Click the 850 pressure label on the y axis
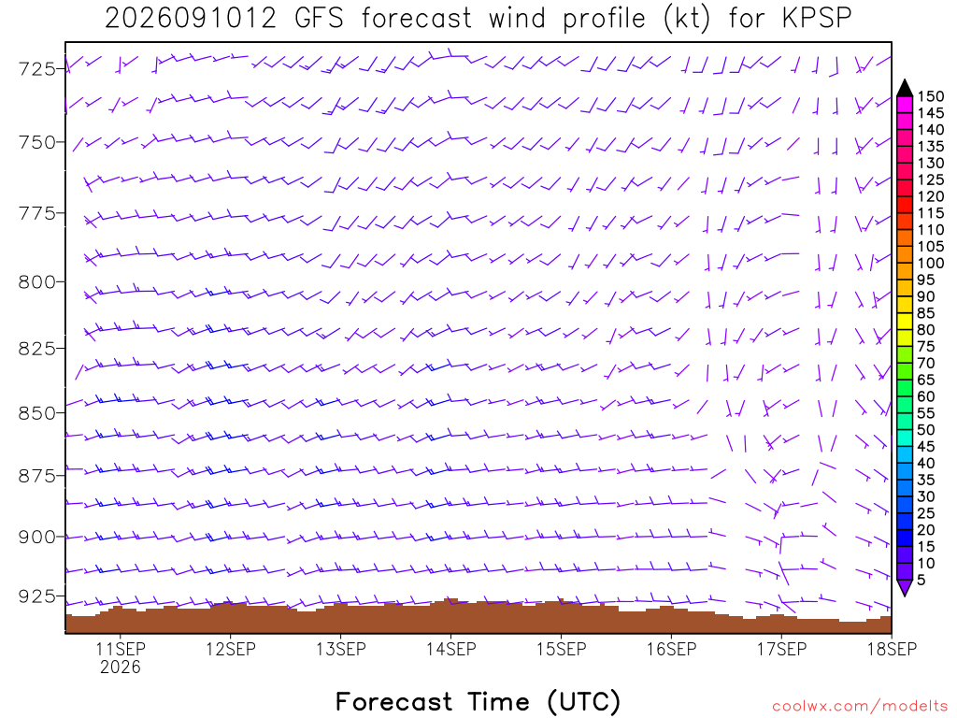37,413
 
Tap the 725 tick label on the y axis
37,69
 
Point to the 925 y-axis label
37,596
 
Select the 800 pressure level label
37,282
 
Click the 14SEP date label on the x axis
451,649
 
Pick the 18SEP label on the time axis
893,649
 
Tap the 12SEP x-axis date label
231,649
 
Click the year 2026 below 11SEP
121,668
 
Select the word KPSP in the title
817,19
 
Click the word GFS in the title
320,19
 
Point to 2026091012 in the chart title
191,19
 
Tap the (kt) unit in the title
687,19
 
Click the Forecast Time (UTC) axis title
478,701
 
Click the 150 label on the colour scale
931,96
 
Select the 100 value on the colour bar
931,263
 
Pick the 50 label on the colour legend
925,430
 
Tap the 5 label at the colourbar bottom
921,580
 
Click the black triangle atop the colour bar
905,89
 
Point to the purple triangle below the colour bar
905,587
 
